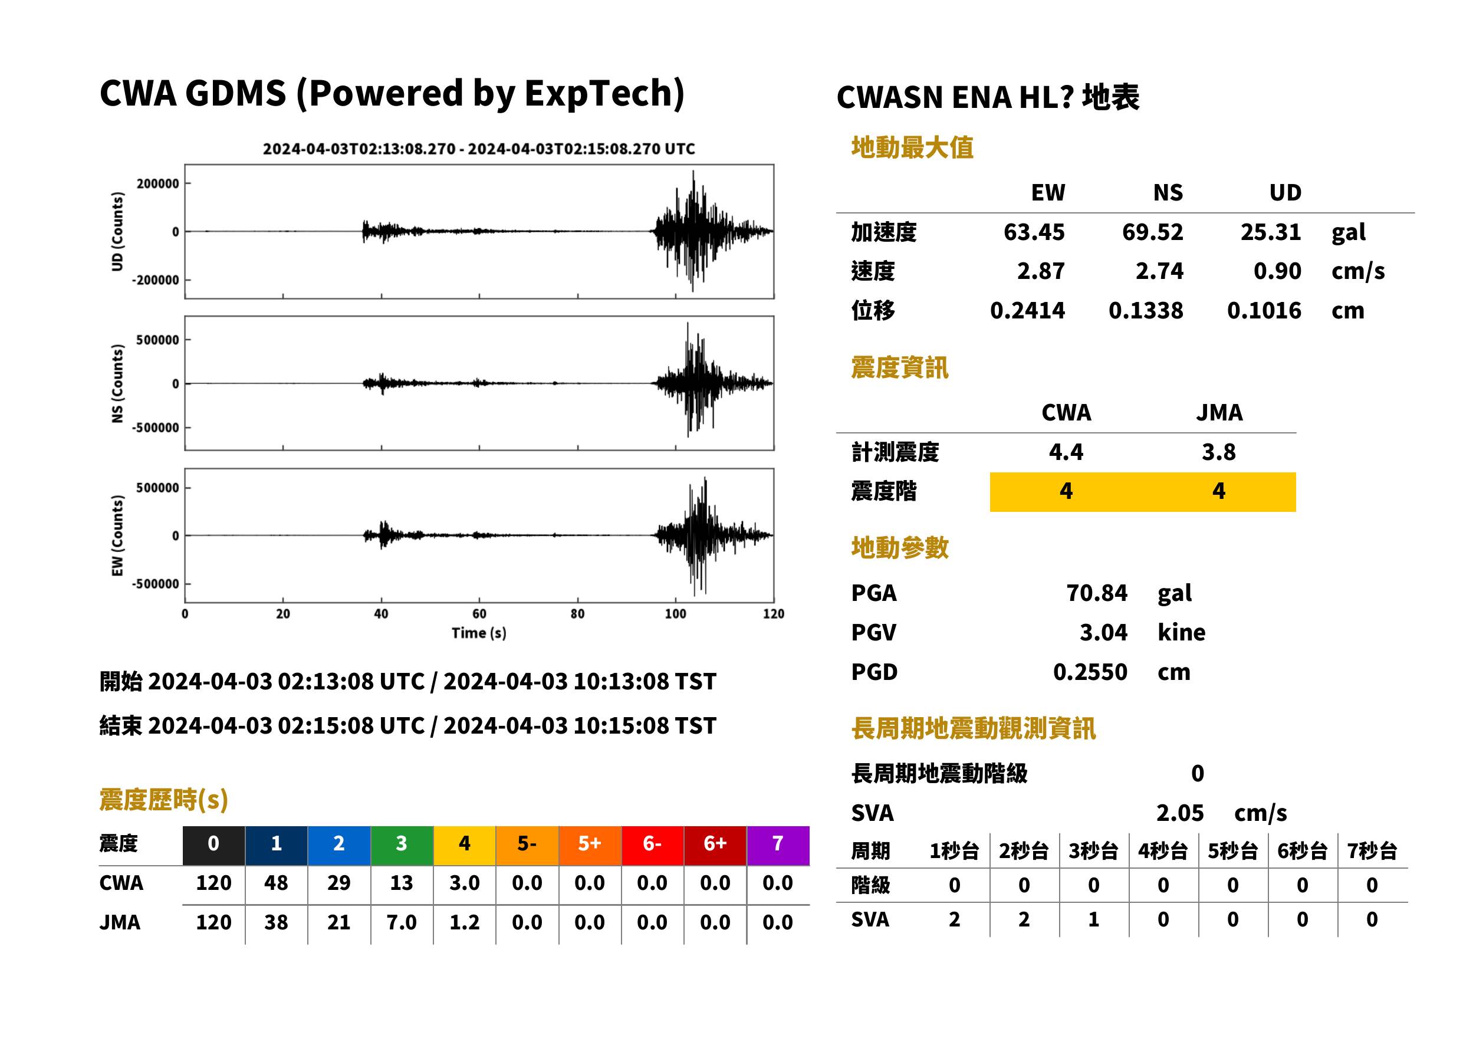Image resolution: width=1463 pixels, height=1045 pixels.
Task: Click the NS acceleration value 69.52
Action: point(1152,232)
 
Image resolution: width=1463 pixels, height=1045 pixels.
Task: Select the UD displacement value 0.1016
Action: point(1264,311)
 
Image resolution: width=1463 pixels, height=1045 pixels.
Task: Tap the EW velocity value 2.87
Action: point(1040,271)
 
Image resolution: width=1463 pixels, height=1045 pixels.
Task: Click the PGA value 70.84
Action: point(1096,593)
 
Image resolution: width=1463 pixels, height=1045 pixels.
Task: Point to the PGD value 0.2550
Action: point(1090,672)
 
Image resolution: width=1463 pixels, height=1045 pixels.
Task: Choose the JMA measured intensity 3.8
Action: point(1218,452)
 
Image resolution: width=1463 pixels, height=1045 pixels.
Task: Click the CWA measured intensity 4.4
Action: point(1066,452)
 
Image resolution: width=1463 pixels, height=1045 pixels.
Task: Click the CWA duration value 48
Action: point(276,883)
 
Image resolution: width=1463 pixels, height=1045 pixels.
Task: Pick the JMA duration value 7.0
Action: point(402,923)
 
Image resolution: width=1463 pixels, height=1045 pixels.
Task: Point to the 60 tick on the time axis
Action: point(479,614)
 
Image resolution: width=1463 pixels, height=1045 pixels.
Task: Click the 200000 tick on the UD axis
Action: point(157,184)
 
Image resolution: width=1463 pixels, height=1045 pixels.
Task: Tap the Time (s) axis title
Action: point(479,633)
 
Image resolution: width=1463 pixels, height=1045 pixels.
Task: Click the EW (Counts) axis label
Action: point(117,536)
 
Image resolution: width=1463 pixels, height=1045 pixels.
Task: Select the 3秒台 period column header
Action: point(1093,852)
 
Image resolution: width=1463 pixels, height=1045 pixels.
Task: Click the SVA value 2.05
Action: point(1179,813)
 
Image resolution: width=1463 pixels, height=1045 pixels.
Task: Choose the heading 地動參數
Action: point(899,548)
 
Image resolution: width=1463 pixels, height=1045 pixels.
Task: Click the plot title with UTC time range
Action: point(479,149)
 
